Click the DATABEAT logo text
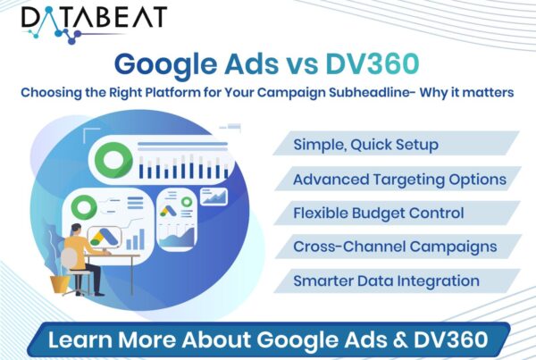[94, 17]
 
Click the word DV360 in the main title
[373, 64]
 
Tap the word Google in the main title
[165, 65]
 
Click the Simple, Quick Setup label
[365, 145]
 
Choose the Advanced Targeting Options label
[399, 180]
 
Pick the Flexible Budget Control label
[379, 213]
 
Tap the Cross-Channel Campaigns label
[395, 247]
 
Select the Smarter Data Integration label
[386, 281]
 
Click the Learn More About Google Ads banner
[268, 339]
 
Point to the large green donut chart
[113, 160]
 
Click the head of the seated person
[76, 230]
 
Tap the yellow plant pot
[60, 284]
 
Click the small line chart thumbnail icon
[214, 197]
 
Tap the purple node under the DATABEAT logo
[71, 41]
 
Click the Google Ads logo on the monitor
[104, 238]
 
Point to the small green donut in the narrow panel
[187, 202]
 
